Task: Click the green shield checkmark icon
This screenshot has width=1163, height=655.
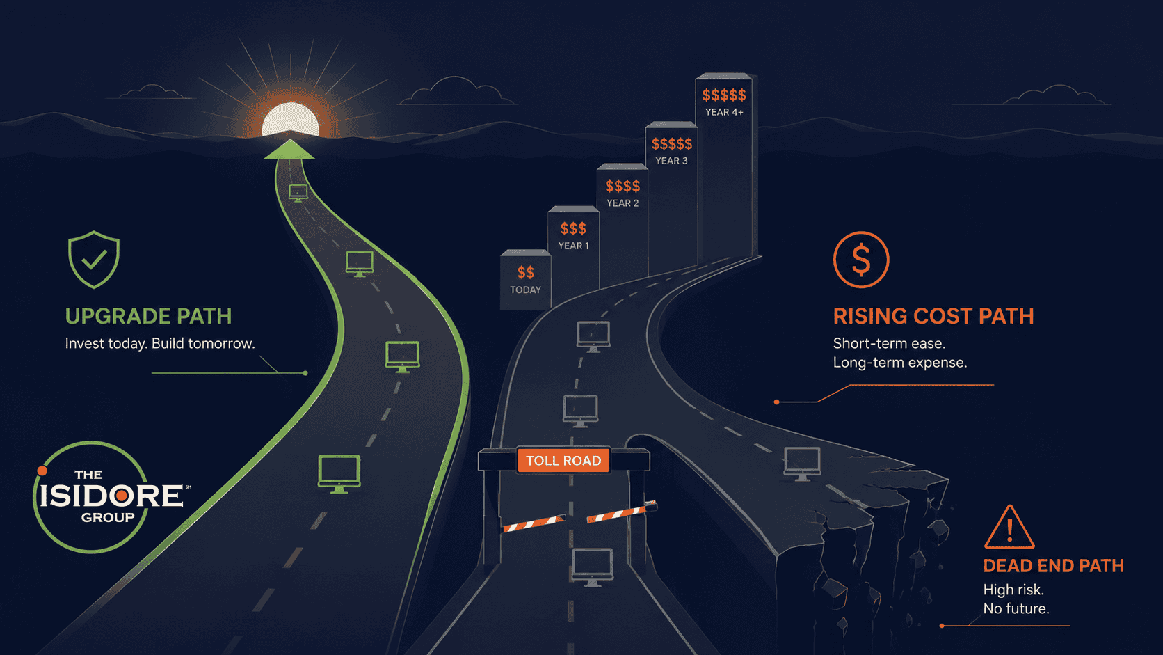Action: [94, 259]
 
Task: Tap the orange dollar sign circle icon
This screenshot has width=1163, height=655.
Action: [861, 260]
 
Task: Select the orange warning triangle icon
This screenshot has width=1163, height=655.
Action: [1009, 527]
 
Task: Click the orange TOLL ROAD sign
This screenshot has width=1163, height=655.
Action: [563, 461]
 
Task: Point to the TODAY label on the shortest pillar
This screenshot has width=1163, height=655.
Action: [525, 290]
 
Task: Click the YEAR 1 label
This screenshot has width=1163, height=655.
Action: [573, 246]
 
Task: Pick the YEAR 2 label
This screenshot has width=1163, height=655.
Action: [623, 203]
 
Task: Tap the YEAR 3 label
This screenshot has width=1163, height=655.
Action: [671, 161]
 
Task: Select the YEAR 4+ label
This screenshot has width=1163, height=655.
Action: [724, 112]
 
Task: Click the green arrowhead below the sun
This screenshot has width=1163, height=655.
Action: [289, 150]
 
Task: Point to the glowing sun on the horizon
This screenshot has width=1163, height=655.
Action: [290, 120]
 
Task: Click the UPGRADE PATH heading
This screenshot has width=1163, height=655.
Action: [148, 316]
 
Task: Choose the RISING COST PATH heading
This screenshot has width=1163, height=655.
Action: [933, 316]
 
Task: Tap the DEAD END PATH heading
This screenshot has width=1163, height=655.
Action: [1054, 566]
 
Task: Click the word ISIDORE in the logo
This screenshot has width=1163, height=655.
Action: [111, 496]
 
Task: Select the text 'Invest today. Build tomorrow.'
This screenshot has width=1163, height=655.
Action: [160, 343]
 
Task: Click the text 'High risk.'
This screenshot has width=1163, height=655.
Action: [1013, 590]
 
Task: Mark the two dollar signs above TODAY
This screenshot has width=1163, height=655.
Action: [525, 272]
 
